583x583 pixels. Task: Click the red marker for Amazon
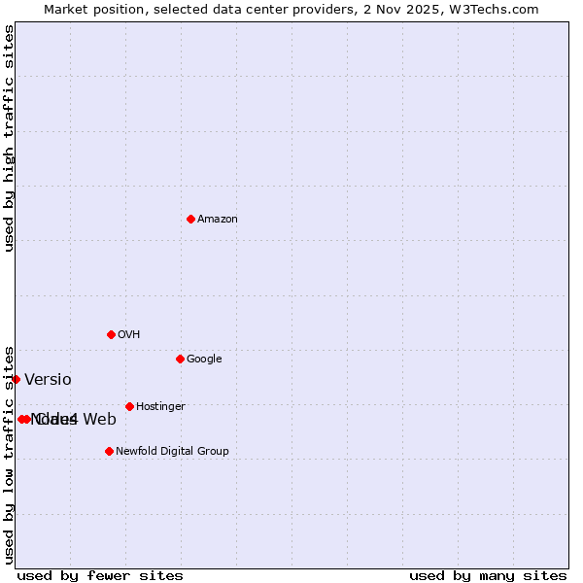coord(190,219)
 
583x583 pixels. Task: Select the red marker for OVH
coord(111,334)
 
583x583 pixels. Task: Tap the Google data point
coord(180,359)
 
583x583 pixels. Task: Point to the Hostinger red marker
coord(129,406)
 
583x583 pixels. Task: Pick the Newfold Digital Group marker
coord(109,451)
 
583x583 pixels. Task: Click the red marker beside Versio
coord(16,379)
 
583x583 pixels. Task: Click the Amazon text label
coord(217,219)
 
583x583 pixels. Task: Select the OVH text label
coord(128,334)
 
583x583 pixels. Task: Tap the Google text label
coord(204,359)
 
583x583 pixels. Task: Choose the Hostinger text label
coord(160,406)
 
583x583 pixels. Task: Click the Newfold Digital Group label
coord(172,451)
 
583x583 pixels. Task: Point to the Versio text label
coord(48,380)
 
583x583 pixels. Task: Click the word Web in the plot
coord(99,420)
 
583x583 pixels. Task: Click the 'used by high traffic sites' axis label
coord(9,137)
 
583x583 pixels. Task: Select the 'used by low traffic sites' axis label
coord(9,454)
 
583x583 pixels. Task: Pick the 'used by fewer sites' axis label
coord(100,575)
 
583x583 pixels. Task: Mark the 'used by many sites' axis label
coord(488,575)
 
